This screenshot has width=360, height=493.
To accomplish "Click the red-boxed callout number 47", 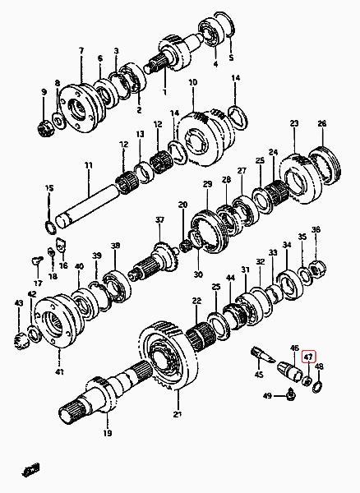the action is click(308, 357).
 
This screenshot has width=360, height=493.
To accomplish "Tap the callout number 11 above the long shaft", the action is click(89, 165).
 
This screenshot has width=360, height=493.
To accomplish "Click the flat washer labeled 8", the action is click(58, 120).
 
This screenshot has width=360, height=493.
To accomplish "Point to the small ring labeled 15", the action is click(51, 228).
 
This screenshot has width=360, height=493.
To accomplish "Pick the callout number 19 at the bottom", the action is click(108, 433).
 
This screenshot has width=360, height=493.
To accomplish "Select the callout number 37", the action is click(160, 219).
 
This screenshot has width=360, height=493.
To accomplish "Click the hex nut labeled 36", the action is click(319, 270).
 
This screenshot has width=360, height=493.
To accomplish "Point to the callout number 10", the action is click(193, 82).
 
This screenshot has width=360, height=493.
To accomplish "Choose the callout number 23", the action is click(294, 123).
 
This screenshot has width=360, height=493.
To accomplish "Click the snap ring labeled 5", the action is click(224, 25).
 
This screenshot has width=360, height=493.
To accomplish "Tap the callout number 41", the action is click(59, 372).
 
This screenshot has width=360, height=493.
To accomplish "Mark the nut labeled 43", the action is click(21, 340).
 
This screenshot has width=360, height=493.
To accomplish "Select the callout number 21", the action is click(178, 415).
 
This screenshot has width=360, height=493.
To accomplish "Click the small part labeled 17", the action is click(37, 260).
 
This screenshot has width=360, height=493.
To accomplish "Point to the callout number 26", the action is click(322, 123).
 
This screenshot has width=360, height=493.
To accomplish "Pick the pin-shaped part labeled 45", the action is click(263, 354).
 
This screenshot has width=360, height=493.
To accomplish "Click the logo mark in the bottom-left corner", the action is click(31, 469).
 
